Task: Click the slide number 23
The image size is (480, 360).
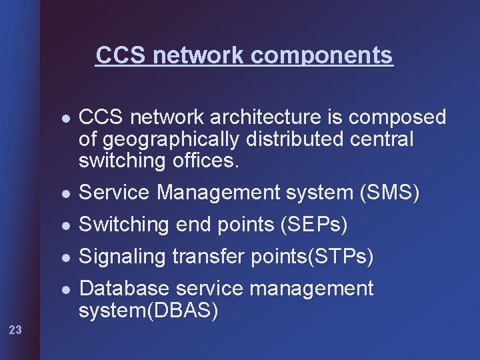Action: coord(16,329)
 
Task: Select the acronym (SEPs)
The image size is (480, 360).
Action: coord(312,225)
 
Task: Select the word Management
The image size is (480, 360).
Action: coord(219,193)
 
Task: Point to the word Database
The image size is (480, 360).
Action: coord(124,289)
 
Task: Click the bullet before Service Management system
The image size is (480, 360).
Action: coord(63,194)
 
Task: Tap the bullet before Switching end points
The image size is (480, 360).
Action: coord(63,226)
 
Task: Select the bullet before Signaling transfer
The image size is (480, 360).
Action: coord(63,257)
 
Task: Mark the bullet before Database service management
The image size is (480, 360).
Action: coord(63,289)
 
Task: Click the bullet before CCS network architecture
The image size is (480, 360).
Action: coord(63,119)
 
